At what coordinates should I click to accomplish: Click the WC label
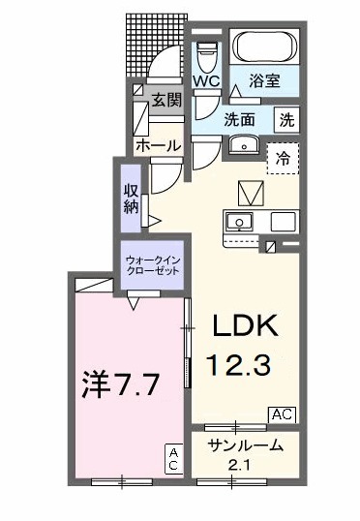(x=207, y=82)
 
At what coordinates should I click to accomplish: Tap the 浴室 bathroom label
(x=263, y=82)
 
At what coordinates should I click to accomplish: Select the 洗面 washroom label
(x=240, y=121)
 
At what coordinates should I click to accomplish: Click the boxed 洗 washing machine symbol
(x=288, y=121)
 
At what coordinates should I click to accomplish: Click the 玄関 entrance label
(x=165, y=100)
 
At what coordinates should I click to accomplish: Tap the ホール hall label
(x=157, y=145)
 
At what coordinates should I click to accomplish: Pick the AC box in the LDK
(x=283, y=414)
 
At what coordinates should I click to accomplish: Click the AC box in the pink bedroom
(x=175, y=459)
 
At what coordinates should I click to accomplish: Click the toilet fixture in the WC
(x=207, y=54)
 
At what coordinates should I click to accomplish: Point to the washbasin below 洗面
(x=242, y=147)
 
